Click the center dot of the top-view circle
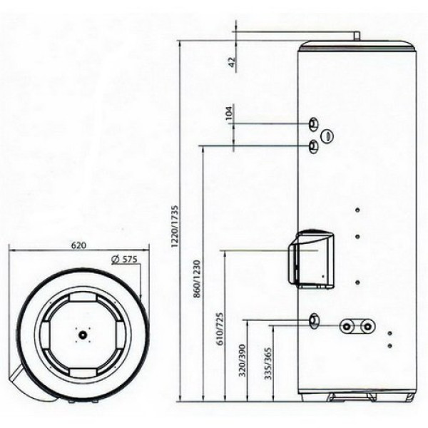pyautogui.click(x=83, y=333)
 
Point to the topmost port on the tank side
pyautogui.click(x=315, y=125)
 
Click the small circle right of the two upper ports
pyautogui.click(x=327, y=135)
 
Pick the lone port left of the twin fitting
pyautogui.click(x=315, y=320)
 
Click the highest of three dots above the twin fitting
pyautogui.click(x=357, y=210)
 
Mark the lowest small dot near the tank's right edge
pyautogui.click(x=389, y=346)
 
